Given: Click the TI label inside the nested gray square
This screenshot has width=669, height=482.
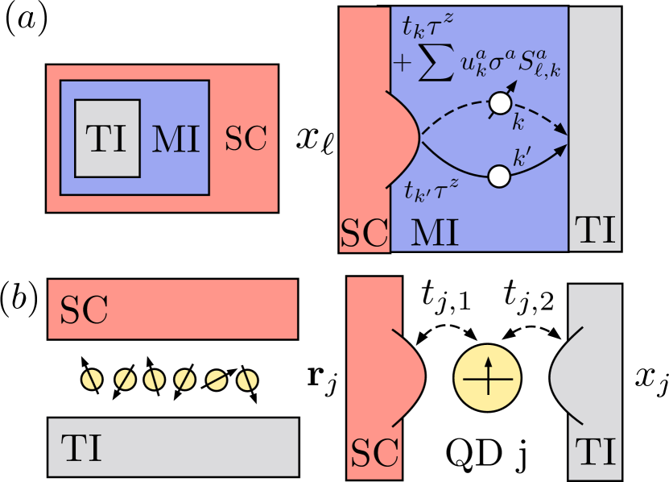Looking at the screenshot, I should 107,139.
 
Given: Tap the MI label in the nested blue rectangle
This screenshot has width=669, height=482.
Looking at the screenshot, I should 176,139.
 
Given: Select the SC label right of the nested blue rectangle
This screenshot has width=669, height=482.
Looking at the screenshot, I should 245,139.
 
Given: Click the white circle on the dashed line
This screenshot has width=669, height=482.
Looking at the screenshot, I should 500,103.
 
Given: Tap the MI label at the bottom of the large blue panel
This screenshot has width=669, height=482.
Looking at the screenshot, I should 435,232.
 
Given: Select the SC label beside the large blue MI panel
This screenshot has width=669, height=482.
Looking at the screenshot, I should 365,232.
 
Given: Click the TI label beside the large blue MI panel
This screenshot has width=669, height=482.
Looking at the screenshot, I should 595,231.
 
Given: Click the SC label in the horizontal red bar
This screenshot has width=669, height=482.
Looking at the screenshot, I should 84,310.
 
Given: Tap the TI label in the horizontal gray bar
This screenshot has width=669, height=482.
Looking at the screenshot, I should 81,447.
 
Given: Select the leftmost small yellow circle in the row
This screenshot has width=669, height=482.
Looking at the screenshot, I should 93,379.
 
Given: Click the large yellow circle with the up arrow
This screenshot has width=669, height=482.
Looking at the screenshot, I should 488,377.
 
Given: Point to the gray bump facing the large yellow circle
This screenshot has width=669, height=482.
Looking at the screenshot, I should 561,376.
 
